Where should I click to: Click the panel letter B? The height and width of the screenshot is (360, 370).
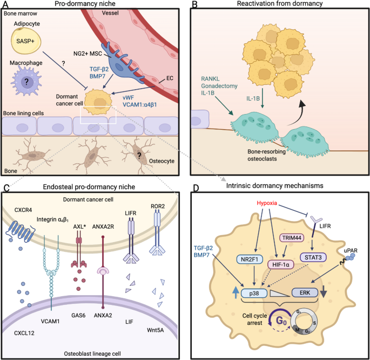pyautogui.click(x=195, y=5)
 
